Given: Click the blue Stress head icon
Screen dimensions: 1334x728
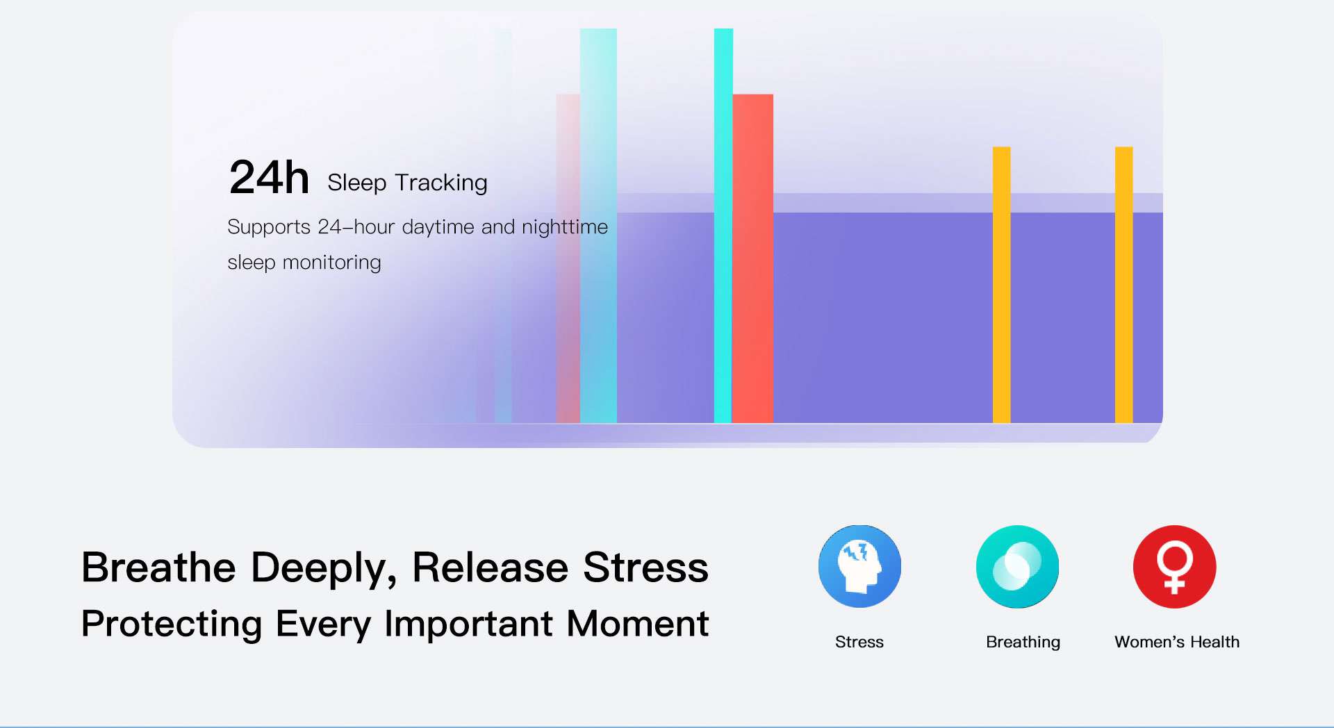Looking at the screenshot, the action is [x=859, y=566].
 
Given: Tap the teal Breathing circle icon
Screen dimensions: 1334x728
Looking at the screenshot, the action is [x=1017, y=566].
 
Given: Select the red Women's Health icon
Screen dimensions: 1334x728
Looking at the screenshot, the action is [x=1175, y=566].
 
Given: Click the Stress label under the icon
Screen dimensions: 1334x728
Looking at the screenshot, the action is [x=859, y=642].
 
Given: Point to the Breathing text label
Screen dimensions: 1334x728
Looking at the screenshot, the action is [x=1023, y=643].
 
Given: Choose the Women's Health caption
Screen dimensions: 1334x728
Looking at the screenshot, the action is [x=1177, y=642].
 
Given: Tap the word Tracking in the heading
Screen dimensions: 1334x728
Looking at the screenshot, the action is [x=441, y=183].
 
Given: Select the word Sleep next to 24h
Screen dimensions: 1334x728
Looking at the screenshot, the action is [x=356, y=183].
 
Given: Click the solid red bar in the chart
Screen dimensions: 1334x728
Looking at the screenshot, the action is [x=752, y=258].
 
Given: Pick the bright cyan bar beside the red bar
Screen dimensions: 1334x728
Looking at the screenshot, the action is [x=723, y=226].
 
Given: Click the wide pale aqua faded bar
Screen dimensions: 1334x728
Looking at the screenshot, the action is [x=598, y=226].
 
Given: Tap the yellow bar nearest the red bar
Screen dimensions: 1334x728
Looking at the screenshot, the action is [x=1001, y=285].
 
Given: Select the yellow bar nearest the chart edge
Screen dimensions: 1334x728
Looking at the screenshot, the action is [x=1124, y=285].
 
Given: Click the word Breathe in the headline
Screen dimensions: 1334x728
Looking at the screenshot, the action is [x=158, y=567].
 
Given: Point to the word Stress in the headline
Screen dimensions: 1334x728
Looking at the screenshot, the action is [x=645, y=567].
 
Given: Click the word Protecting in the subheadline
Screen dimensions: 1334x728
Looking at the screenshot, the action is [x=172, y=624].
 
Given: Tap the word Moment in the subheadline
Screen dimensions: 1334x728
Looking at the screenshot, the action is [x=637, y=623].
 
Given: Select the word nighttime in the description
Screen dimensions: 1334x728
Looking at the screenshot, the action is [x=565, y=227].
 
